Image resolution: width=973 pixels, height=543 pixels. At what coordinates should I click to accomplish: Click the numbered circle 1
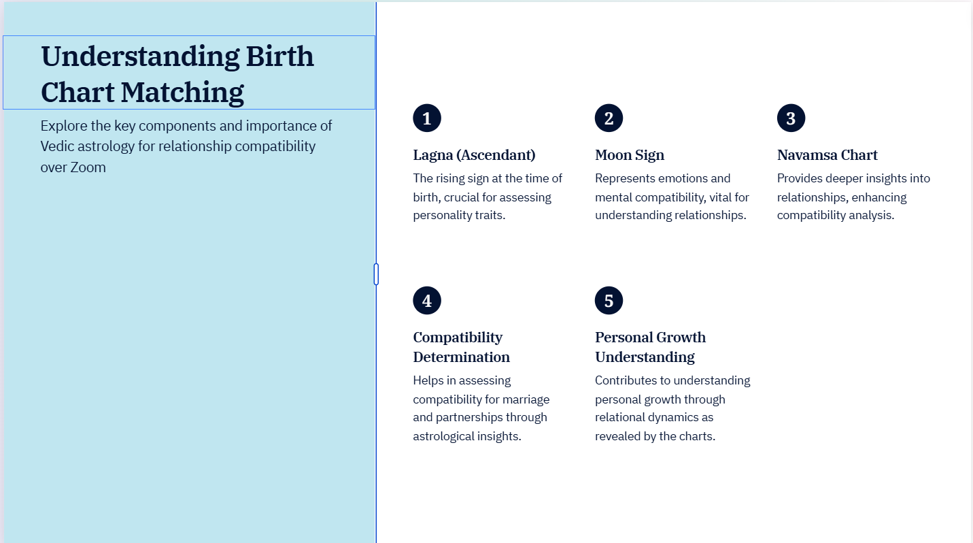point(427,118)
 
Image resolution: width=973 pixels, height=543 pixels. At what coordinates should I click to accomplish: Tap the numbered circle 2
point(609,118)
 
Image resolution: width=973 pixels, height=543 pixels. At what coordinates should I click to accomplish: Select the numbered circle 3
point(791,118)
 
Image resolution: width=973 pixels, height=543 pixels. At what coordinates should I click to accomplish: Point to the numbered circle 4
point(427,300)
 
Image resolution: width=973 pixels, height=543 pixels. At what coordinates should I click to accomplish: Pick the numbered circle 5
point(609,300)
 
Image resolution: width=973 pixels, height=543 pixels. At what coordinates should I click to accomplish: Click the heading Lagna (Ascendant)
point(474,155)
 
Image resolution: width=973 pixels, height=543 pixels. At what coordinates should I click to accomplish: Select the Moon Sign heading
point(630,155)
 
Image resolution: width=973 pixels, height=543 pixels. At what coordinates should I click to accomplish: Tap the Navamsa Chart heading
point(827,154)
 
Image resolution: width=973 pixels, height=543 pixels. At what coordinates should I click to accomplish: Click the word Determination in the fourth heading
point(461,357)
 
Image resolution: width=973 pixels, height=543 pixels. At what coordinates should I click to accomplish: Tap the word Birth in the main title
point(279,56)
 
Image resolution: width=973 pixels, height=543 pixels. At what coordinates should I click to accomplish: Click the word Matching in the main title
point(182,93)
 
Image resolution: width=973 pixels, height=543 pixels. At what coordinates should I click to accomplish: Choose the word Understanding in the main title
point(140,57)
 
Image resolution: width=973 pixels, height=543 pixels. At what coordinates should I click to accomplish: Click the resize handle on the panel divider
point(376,274)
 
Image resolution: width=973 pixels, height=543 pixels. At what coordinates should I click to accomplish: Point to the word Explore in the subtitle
point(64,126)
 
